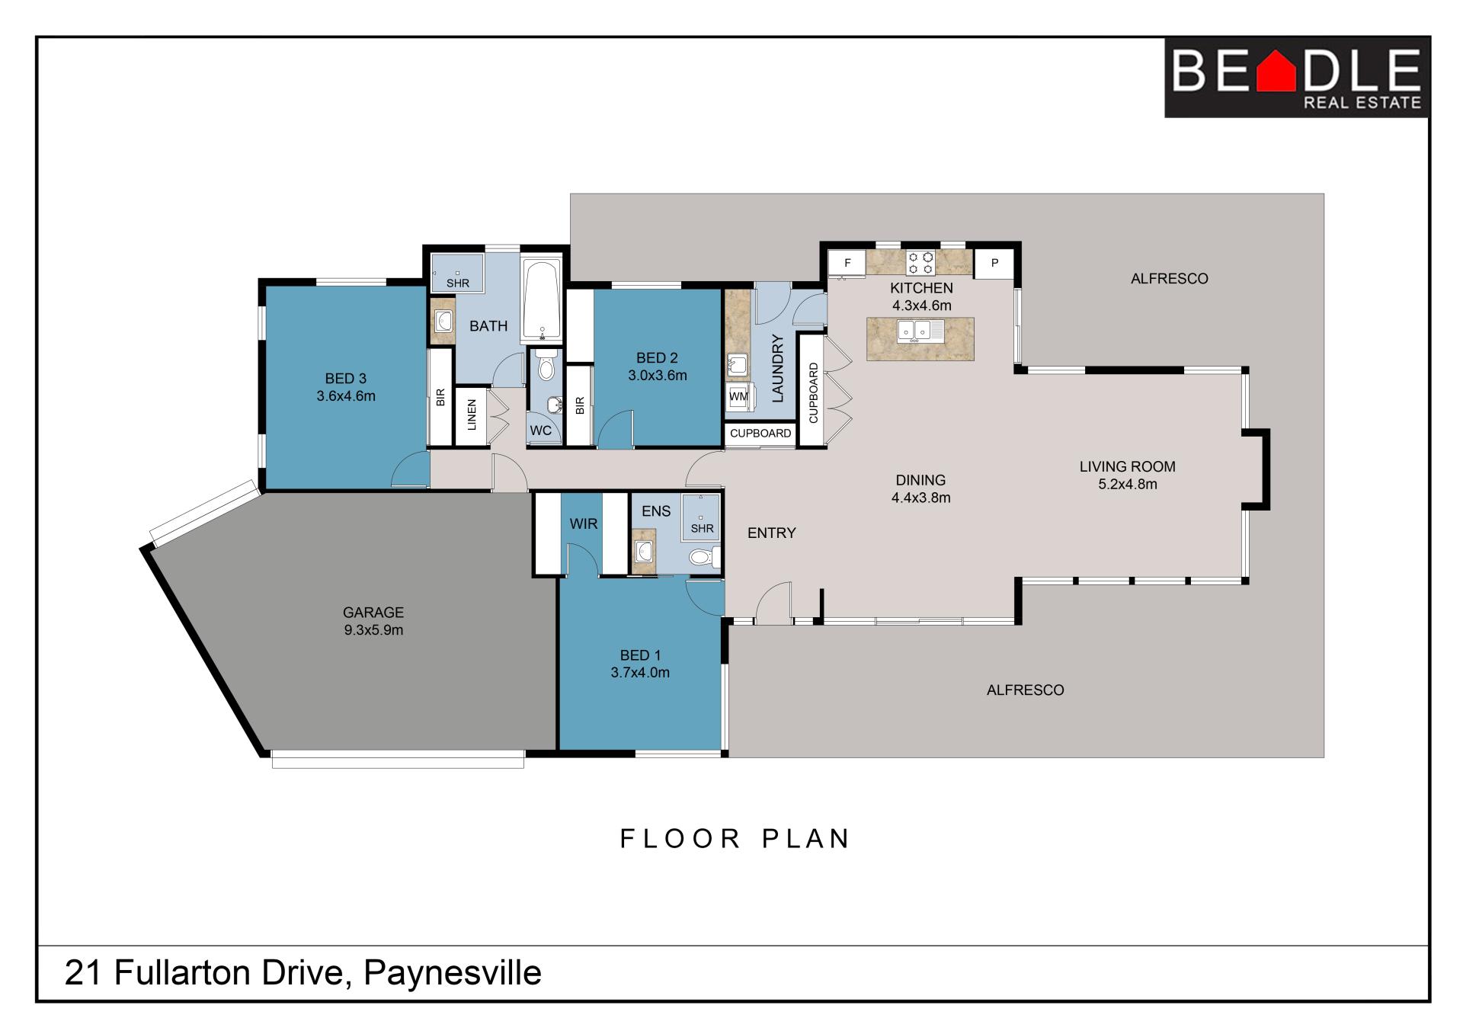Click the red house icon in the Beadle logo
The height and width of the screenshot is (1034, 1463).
(x=1276, y=70)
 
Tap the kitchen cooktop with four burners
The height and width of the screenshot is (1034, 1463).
(x=920, y=263)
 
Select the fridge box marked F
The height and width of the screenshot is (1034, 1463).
(x=847, y=264)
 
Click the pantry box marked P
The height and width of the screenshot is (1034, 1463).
(x=994, y=263)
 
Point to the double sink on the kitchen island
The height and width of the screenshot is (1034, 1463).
(x=920, y=331)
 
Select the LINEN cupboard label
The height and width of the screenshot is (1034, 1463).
(x=472, y=415)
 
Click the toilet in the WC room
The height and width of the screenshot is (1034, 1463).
(x=546, y=366)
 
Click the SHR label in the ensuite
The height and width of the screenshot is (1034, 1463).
(x=702, y=528)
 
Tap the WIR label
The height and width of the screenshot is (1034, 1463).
(x=584, y=523)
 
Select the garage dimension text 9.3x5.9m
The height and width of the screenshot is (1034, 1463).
(x=373, y=630)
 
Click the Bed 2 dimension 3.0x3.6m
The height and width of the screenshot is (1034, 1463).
(x=657, y=375)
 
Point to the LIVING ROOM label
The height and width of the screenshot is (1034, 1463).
(x=1127, y=466)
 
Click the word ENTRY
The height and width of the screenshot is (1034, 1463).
(x=771, y=533)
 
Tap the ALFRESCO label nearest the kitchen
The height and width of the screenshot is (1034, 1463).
(x=1169, y=279)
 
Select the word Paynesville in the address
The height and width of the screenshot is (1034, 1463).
(x=453, y=973)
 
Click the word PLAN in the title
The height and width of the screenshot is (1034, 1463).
(x=806, y=838)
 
